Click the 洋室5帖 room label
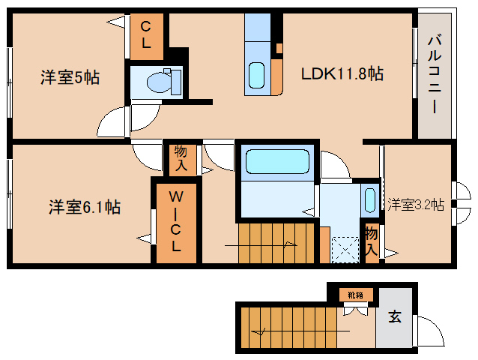[69, 76]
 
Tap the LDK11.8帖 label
[342, 73]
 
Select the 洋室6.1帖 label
[85, 207]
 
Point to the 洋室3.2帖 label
[416, 204]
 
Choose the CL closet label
[146, 36]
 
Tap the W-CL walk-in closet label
[176, 221]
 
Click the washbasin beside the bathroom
[369, 199]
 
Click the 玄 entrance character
[394, 316]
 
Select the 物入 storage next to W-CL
[181, 157]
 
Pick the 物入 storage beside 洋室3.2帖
[372, 241]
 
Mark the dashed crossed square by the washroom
[345, 249]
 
